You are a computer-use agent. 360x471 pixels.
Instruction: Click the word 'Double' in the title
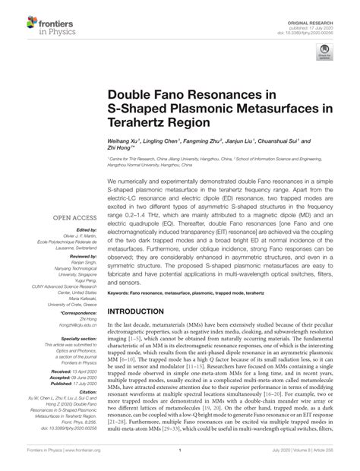(138, 95)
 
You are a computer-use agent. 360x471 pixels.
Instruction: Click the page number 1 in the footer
(180, 461)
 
